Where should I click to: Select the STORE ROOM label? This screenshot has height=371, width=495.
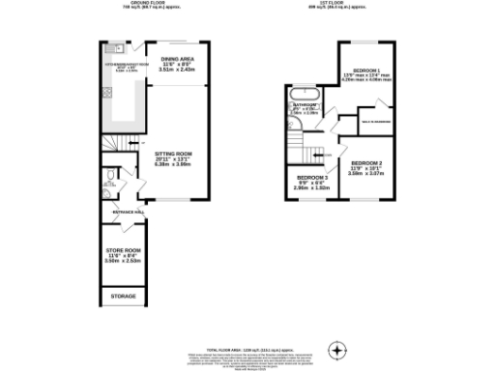[x=123, y=253]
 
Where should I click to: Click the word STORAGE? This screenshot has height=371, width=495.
[x=123, y=295]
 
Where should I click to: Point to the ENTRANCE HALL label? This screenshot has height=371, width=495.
[x=128, y=210]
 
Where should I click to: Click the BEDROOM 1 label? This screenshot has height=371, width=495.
[x=365, y=72]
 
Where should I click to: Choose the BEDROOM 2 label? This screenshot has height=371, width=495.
[x=366, y=163]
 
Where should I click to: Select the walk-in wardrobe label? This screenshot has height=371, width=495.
[x=376, y=121]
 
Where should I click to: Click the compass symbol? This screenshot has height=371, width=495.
[x=336, y=349]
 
